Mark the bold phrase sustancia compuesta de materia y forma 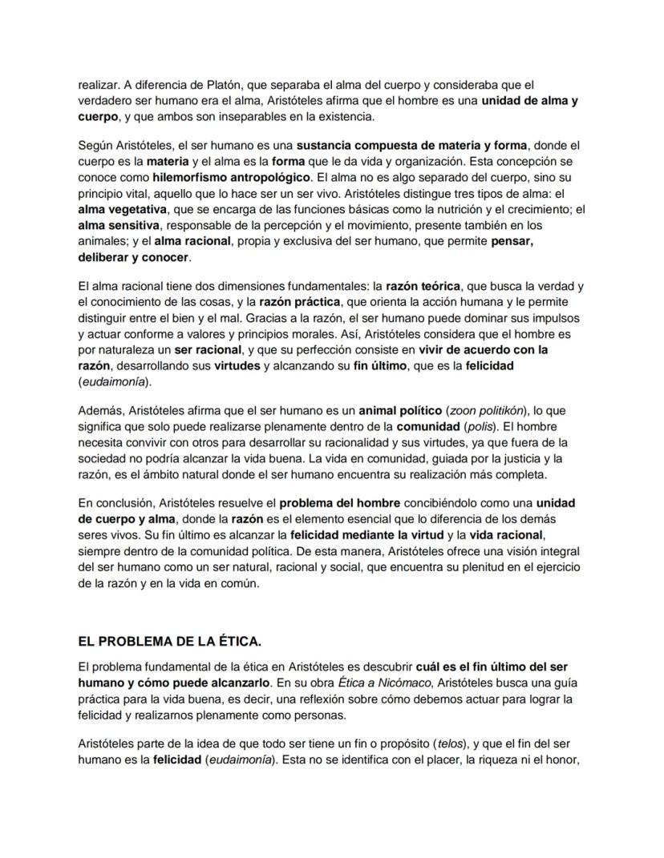(x=413, y=145)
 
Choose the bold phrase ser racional (x=208, y=350)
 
